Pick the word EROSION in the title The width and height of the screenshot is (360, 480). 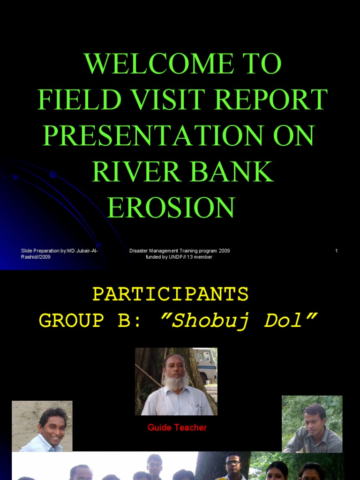(x=171, y=207)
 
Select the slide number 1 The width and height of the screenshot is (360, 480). (x=336, y=251)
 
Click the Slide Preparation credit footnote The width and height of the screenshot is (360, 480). (x=59, y=254)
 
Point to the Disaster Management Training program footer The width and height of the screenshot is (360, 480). (x=180, y=254)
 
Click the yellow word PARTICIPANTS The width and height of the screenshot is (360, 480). (x=170, y=294)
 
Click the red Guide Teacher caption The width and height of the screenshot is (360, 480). (x=177, y=427)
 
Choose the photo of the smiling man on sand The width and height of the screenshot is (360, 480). (x=42, y=426)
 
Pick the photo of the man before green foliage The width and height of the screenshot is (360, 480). (x=312, y=424)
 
